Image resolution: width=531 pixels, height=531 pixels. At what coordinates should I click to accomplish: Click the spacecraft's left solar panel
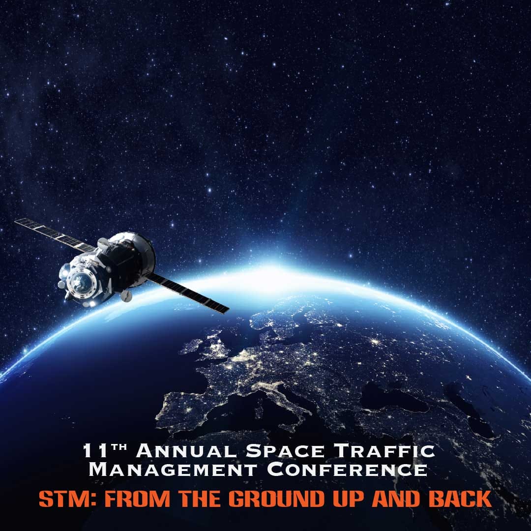pyautogui.click(x=54, y=234)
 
